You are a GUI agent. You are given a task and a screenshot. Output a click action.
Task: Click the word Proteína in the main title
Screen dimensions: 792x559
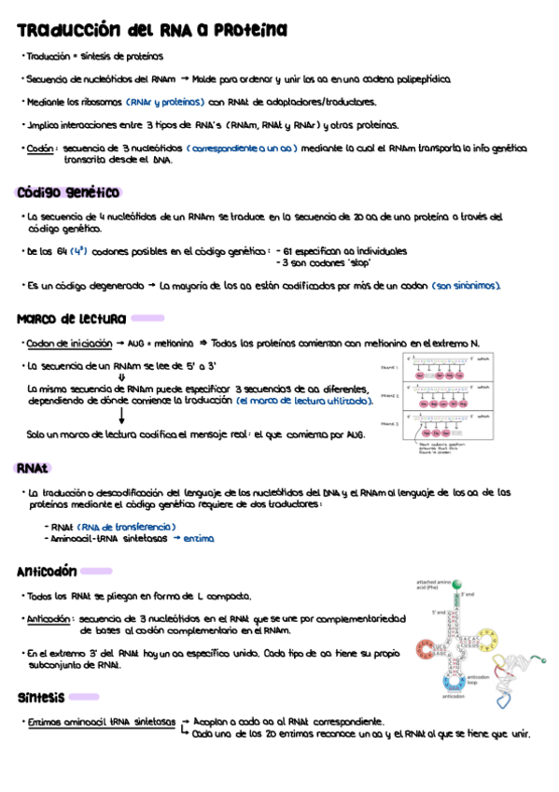pyautogui.click(x=250, y=31)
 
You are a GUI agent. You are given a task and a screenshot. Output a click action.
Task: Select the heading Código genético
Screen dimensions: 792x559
pyautogui.click(x=68, y=192)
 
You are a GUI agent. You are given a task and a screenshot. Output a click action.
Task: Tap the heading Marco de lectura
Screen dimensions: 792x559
pyautogui.click(x=71, y=318)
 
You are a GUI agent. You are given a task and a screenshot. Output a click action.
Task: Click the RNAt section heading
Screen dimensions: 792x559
pyautogui.click(x=33, y=467)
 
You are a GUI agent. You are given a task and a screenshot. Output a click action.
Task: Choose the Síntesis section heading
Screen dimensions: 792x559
pyautogui.click(x=41, y=697)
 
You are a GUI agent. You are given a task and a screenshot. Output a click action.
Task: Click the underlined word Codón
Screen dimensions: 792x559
pyautogui.click(x=40, y=148)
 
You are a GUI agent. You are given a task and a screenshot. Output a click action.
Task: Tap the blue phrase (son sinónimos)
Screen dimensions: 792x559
pyautogui.click(x=467, y=286)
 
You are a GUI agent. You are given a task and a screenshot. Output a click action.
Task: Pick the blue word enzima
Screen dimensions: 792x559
pyautogui.click(x=198, y=539)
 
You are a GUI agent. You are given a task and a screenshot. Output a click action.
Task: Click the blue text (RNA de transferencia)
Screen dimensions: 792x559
pyautogui.click(x=126, y=527)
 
